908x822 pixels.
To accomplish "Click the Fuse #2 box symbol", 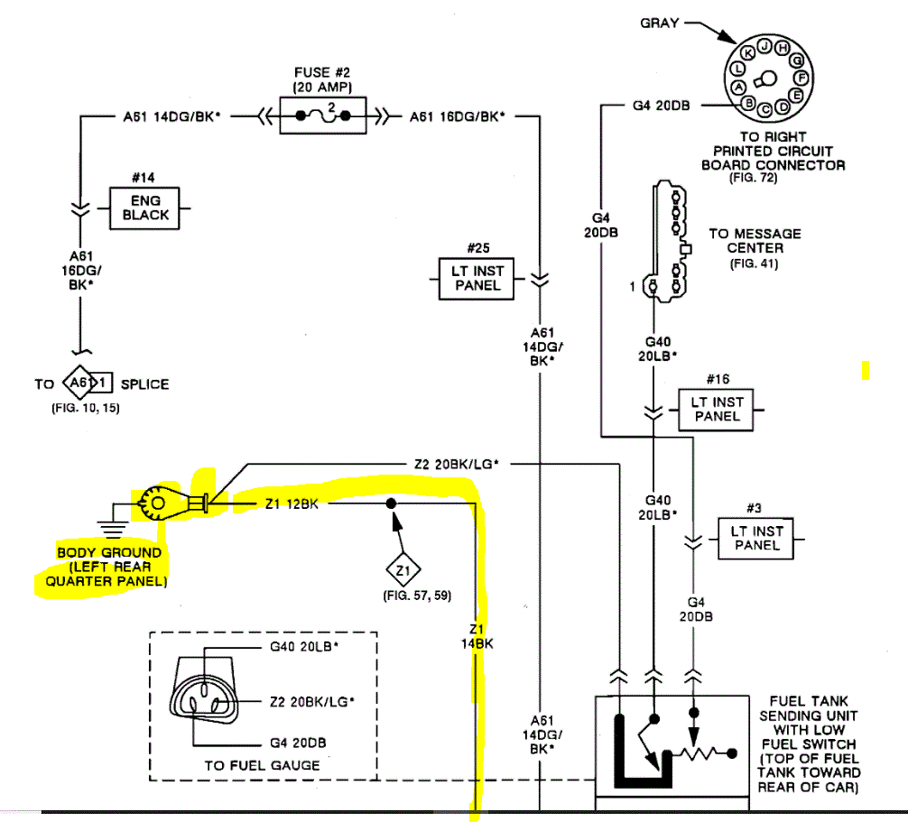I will point(323,115).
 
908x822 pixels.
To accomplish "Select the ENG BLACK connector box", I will point(144,208).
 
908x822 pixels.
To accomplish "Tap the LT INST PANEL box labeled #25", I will point(477,278).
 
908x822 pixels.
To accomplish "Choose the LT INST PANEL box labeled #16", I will point(717,409).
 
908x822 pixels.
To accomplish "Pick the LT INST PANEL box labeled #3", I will point(756,539).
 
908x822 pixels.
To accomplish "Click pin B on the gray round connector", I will point(748,104).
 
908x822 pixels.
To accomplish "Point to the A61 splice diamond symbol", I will point(81,383).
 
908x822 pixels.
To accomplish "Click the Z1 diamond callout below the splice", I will point(403,570).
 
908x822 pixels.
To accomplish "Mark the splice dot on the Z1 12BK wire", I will point(390,503).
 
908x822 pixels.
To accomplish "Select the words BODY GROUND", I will point(109,552).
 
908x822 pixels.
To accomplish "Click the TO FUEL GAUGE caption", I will point(262,765).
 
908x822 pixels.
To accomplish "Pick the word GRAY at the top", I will point(659,23).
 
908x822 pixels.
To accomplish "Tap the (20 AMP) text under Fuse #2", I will point(322,86).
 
